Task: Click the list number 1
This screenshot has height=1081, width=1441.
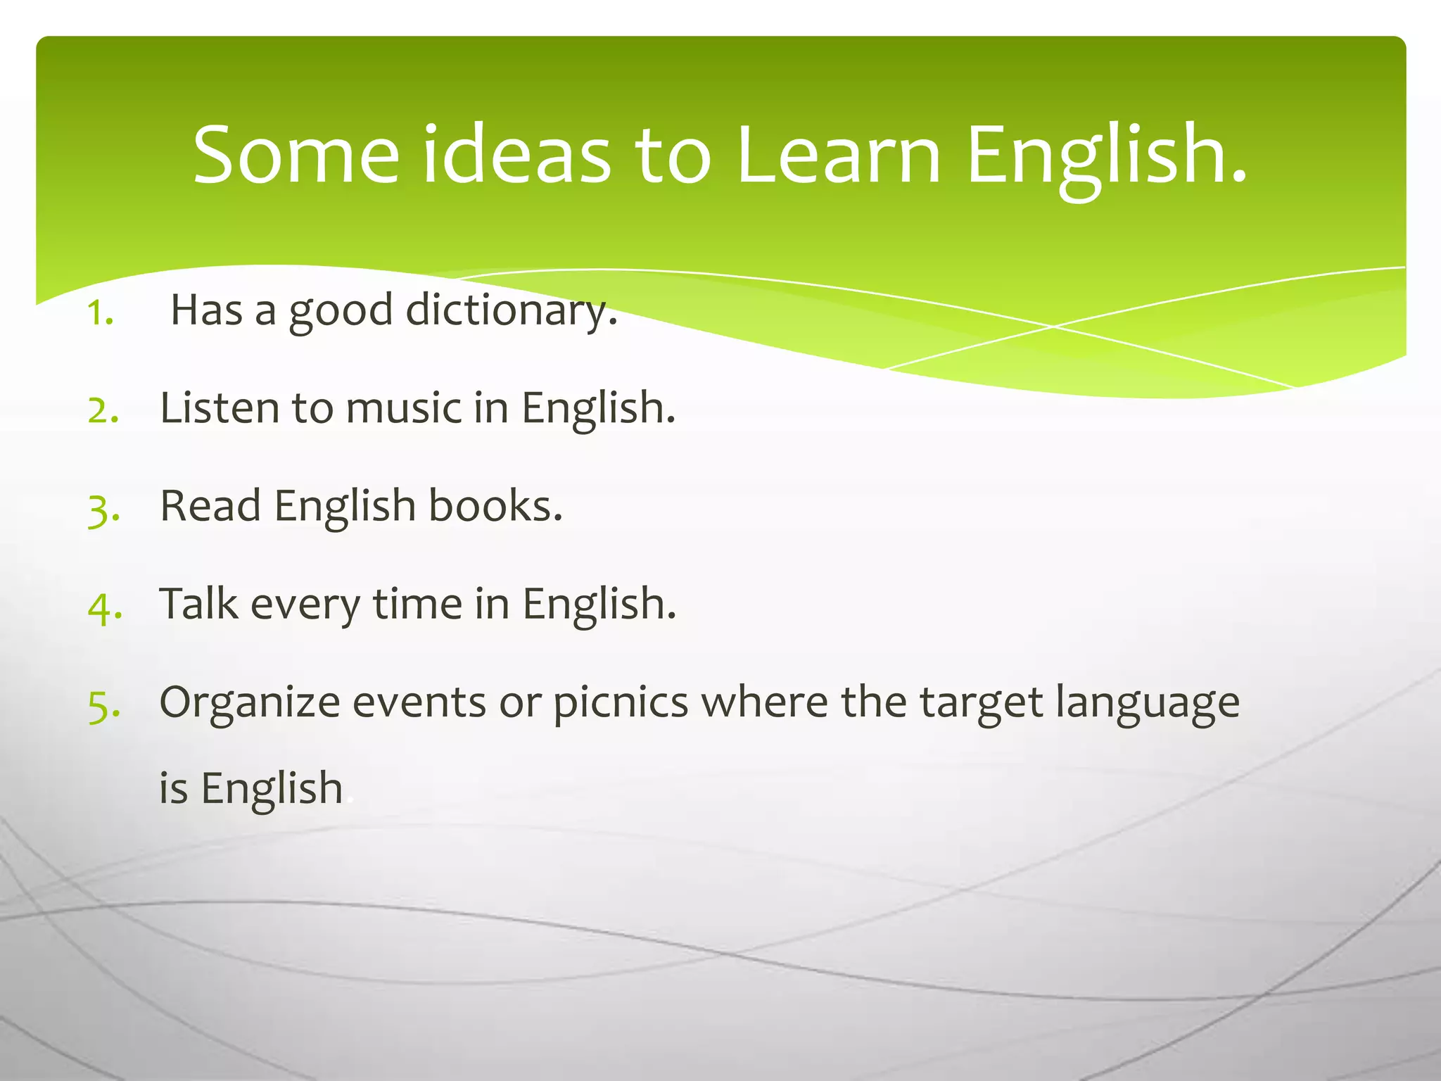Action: (101, 313)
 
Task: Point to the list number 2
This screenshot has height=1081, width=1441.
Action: (103, 410)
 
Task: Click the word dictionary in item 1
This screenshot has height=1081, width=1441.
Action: (512, 310)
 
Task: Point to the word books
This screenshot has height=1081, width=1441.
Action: (495, 505)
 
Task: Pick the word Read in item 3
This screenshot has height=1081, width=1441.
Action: (210, 505)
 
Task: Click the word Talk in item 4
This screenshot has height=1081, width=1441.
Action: (199, 603)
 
